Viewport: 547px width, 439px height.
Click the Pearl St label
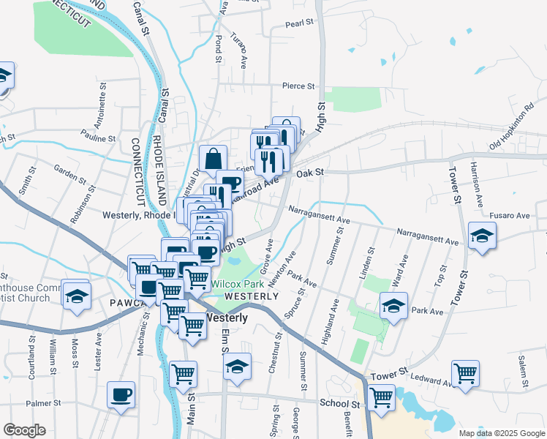coord(300,24)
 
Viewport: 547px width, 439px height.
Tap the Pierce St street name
coord(299,86)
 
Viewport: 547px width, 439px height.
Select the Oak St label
coord(310,173)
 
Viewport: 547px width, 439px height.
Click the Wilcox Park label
coord(238,284)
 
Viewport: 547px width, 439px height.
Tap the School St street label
coord(340,403)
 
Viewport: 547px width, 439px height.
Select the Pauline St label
coord(99,138)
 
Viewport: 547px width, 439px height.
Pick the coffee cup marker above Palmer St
coord(121,395)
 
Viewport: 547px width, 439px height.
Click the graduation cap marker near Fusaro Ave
coord(482,236)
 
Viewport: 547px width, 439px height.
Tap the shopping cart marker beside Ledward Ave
coord(465,373)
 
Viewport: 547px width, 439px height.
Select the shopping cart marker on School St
coord(381,398)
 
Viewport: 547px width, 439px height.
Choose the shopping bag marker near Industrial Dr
coord(213,158)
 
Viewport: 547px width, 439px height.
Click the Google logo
coord(24,430)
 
